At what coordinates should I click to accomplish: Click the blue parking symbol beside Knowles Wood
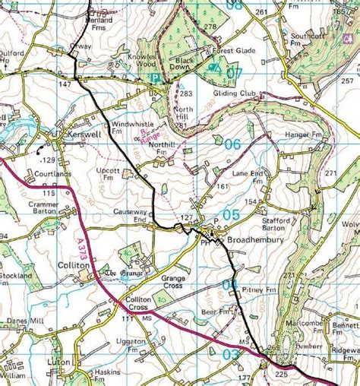(x=155, y=78)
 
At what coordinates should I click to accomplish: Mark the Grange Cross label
(x=173, y=282)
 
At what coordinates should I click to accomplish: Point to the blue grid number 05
(x=231, y=215)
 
